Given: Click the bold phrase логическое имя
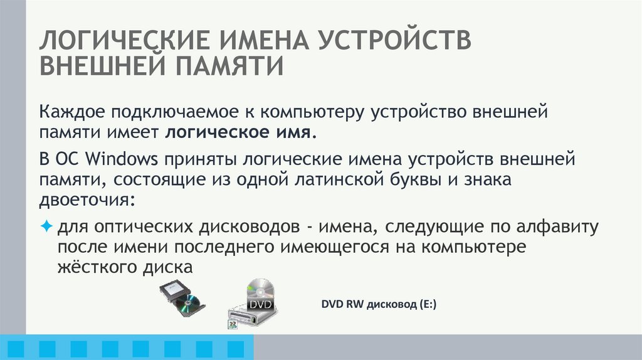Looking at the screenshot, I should pyautogui.click(x=239, y=133).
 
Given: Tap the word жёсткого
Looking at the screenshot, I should pyautogui.click(x=94, y=267).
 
